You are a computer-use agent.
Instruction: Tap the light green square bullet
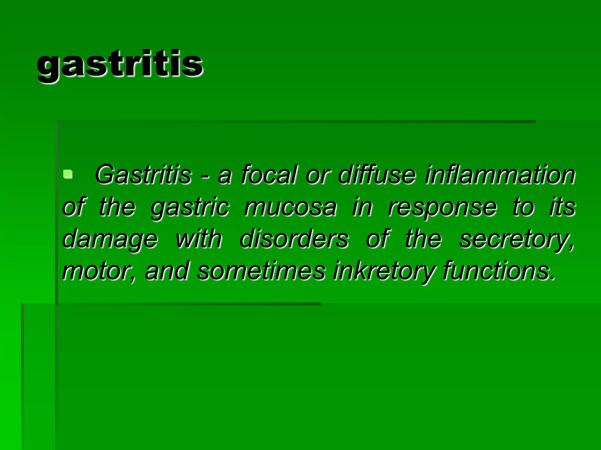tap(68, 174)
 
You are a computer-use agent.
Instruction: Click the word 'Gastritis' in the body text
tap(143, 175)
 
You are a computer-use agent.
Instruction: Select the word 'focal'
tap(269, 175)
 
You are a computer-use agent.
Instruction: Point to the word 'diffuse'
tap(377, 175)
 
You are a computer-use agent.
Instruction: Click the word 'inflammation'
tap(500, 175)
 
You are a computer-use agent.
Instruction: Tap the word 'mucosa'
tap(290, 207)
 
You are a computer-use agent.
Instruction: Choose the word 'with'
tap(199, 239)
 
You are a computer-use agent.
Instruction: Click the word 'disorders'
tap(294, 239)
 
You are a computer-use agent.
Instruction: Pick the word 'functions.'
tap(499, 271)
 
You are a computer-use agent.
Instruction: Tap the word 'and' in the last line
tap(167, 271)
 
